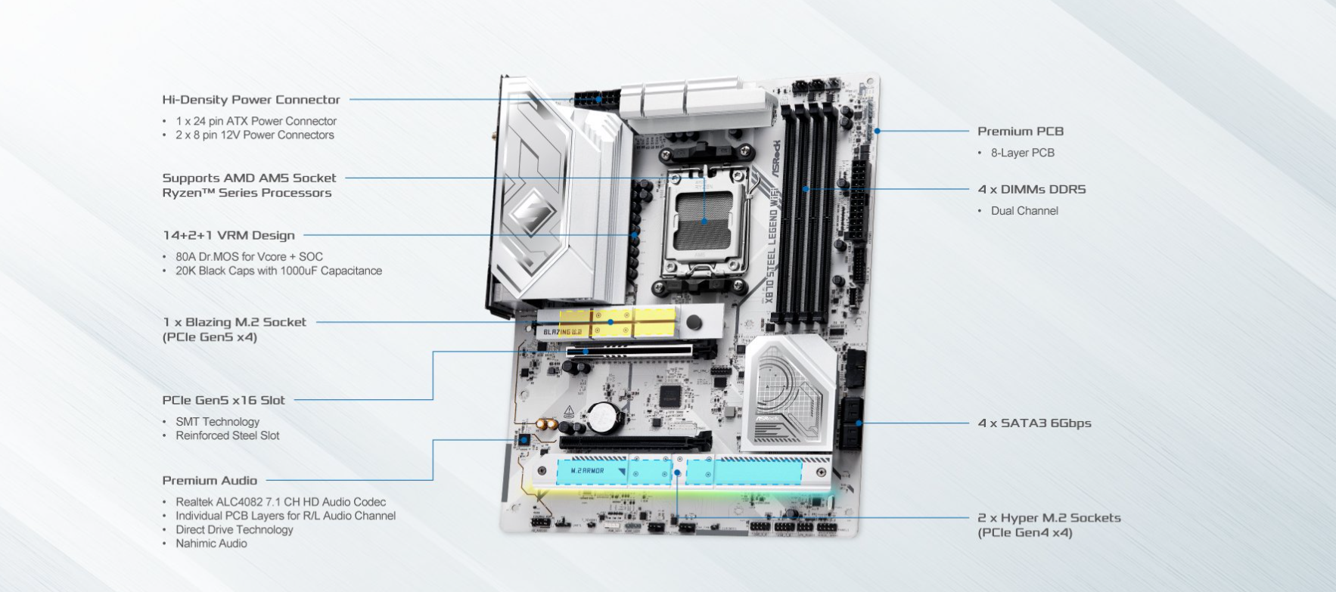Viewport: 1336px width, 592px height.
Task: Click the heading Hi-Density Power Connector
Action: click(x=251, y=100)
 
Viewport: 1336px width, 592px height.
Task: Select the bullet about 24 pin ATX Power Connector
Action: click(x=256, y=121)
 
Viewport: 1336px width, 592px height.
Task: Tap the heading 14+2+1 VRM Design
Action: click(x=228, y=235)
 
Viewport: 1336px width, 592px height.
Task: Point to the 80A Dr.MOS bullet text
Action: click(x=249, y=257)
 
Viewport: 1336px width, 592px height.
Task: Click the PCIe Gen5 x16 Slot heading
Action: click(x=223, y=401)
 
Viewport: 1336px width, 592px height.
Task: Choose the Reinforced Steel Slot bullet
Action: click(x=227, y=435)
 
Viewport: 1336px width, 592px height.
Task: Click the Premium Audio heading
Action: click(x=210, y=481)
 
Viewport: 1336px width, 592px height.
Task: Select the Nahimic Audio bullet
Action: click(x=211, y=544)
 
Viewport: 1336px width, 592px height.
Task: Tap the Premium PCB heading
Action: click(x=1021, y=132)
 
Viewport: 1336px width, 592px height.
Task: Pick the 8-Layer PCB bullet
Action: click(x=1022, y=153)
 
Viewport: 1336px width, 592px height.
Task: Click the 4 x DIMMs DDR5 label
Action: click(x=1032, y=190)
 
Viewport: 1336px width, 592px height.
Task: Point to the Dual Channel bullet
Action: click(x=1024, y=211)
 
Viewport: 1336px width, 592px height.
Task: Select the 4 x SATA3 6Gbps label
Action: click(x=1034, y=423)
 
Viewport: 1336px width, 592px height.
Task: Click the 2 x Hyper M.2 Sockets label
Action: click(x=1049, y=518)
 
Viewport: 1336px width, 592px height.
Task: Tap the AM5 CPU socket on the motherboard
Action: click(x=704, y=221)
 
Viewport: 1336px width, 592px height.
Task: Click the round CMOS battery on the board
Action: click(x=604, y=415)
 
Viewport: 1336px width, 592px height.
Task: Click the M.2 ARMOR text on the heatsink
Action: click(x=587, y=471)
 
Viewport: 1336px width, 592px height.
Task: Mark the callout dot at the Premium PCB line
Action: click(x=878, y=131)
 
